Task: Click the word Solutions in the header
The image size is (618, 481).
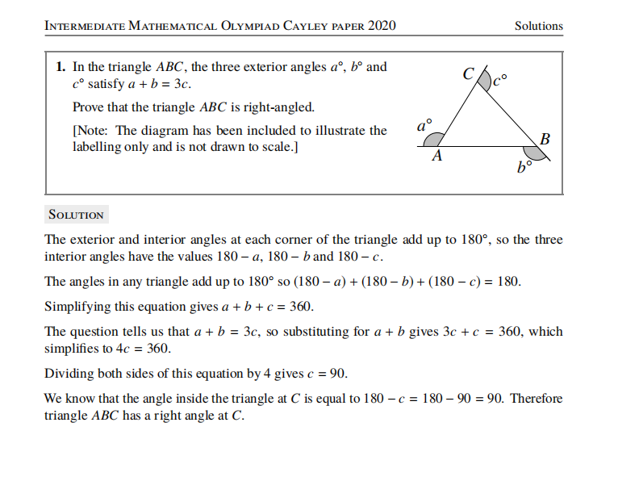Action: coord(538,26)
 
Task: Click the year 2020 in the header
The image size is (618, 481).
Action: coord(382,26)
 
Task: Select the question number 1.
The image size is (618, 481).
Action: coord(60,67)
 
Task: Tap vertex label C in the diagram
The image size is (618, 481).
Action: coord(468,74)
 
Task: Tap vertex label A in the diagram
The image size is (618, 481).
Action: coord(436,157)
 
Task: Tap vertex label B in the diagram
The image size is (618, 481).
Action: coord(545,139)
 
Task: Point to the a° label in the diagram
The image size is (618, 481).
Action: coord(424,125)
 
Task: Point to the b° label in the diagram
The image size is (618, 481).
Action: coord(524,168)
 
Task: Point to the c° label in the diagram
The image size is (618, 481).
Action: coord(501,80)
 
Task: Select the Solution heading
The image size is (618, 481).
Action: coord(76,215)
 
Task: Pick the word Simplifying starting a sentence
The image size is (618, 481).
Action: coord(80,307)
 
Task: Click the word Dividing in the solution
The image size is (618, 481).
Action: coord(69,374)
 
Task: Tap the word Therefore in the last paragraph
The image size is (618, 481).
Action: coord(536,399)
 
